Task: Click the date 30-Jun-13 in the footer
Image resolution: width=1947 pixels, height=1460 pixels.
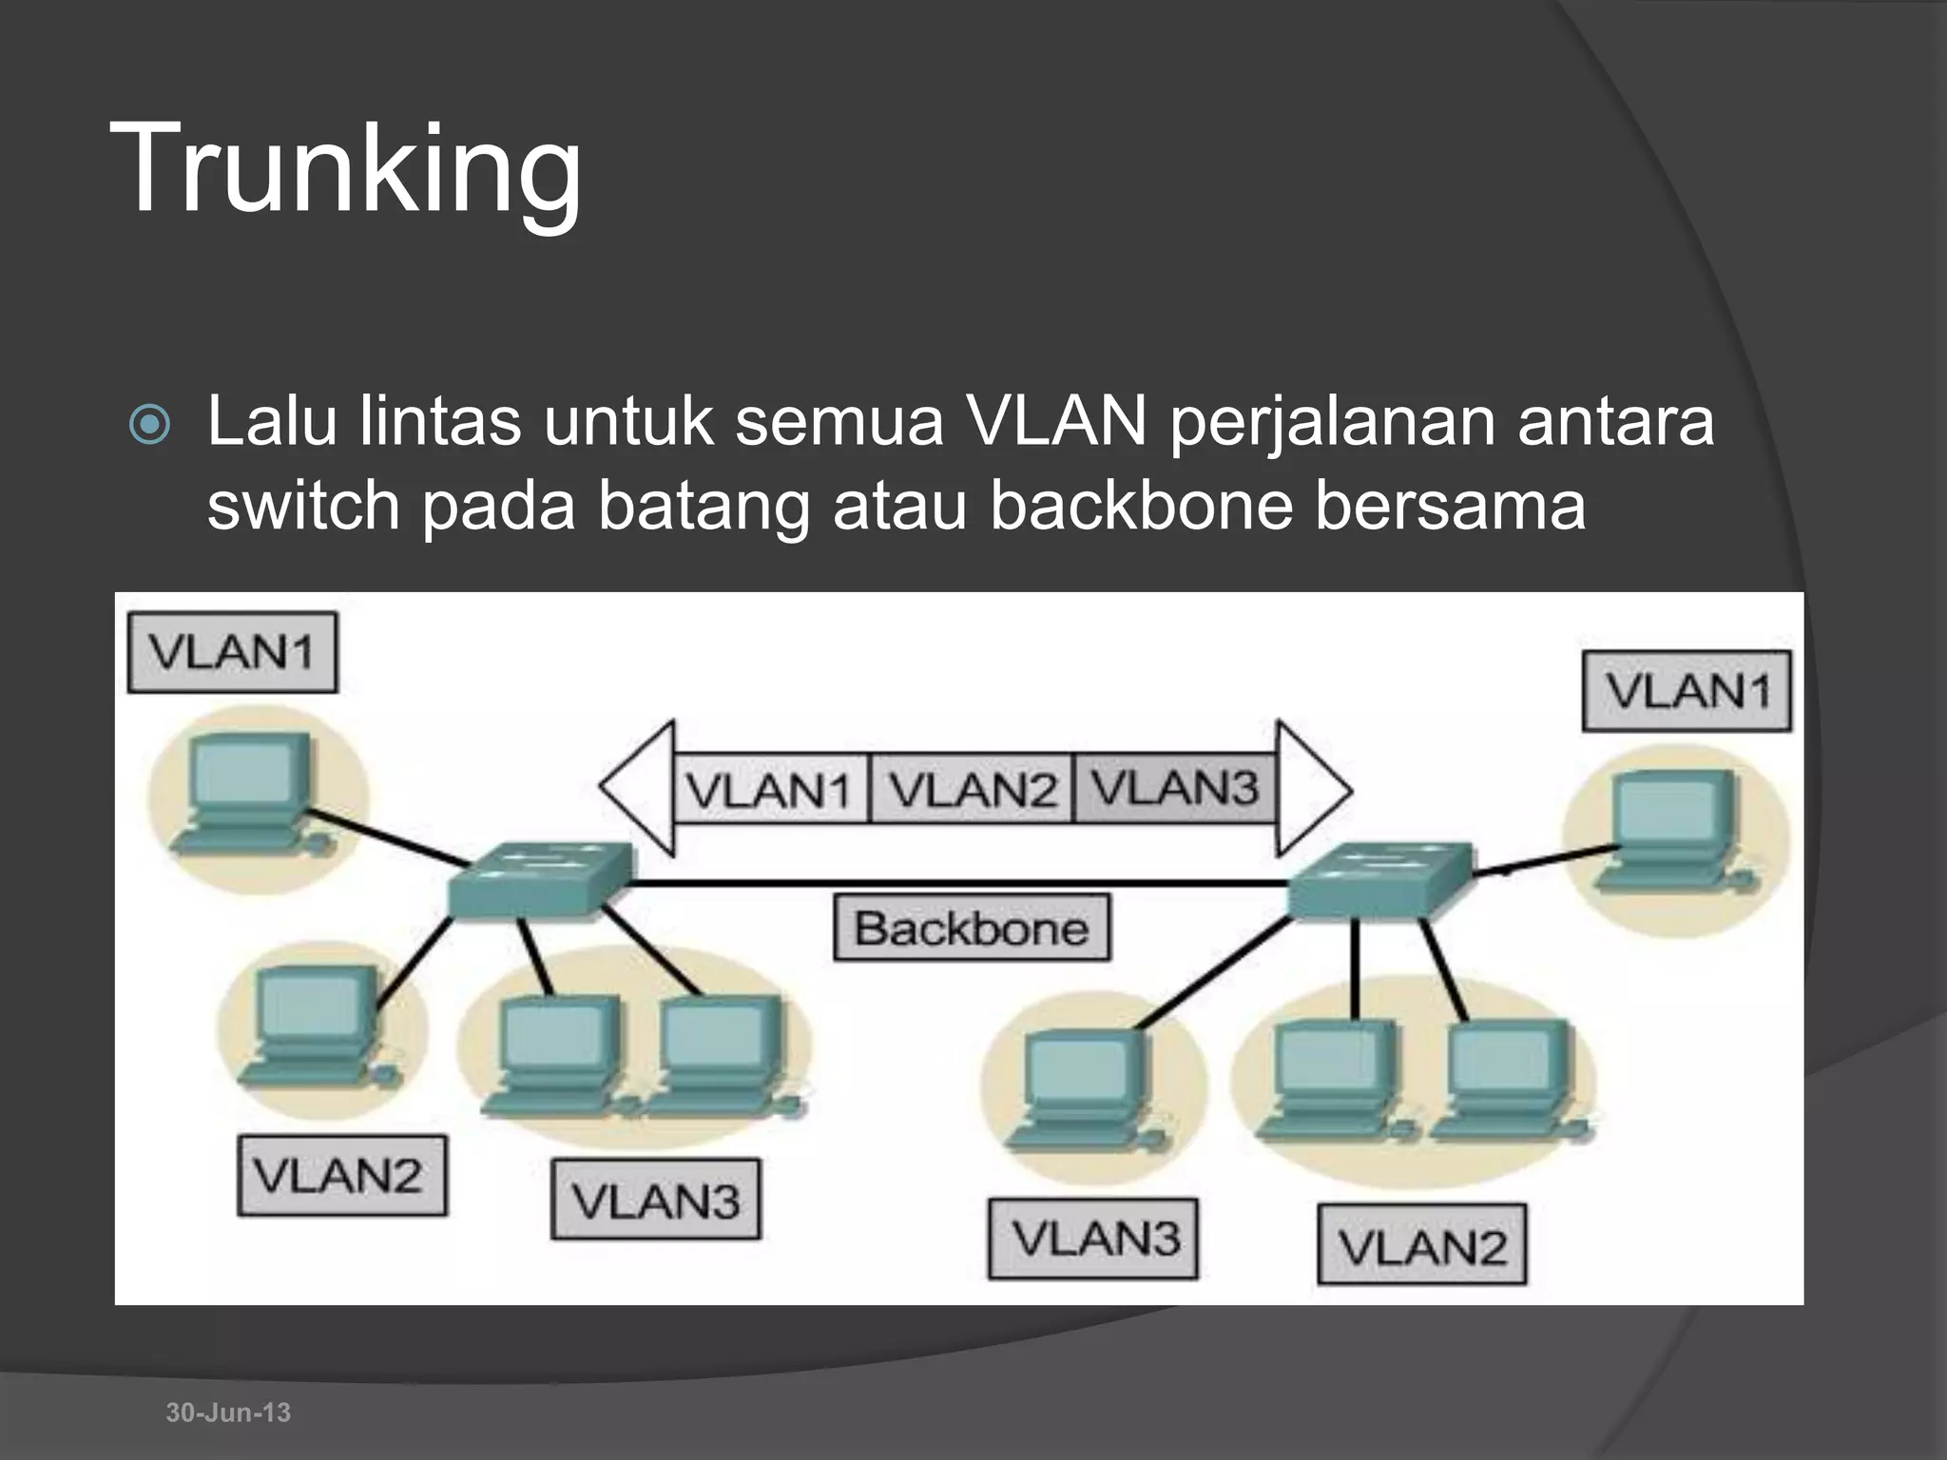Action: pos(228,1412)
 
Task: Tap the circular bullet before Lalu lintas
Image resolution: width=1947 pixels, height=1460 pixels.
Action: pos(150,427)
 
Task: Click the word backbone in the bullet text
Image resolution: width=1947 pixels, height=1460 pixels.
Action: pos(1141,505)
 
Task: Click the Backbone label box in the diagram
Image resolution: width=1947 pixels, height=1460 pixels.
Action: pos(972,928)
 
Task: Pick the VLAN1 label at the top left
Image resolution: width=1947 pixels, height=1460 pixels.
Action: pos(232,652)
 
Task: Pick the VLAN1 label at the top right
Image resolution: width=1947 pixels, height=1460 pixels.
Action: pos(1687,691)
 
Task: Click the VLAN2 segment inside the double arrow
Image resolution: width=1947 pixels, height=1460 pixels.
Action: pos(972,789)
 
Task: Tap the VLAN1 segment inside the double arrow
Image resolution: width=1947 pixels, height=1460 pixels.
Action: pos(770,789)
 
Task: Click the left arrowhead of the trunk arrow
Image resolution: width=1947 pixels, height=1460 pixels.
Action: pos(637,789)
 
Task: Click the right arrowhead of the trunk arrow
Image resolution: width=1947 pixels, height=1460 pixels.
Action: pos(1312,789)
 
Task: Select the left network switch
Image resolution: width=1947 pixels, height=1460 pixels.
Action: pos(538,880)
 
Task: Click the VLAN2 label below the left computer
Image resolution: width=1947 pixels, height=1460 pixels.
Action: pos(341,1176)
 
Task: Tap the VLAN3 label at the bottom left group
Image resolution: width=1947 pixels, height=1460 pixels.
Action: pos(656,1199)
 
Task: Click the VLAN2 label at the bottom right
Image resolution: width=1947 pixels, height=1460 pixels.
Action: pos(1422,1244)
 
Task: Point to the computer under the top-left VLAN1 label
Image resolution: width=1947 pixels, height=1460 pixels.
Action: pos(249,794)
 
